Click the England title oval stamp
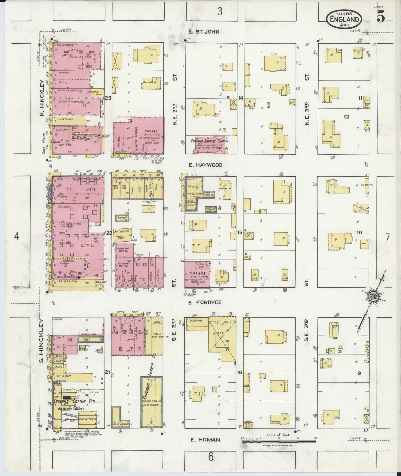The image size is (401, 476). tap(344, 19)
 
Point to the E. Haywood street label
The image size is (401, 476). tap(205, 165)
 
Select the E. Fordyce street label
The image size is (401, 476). tap(205, 302)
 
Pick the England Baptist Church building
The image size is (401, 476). tap(210, 144)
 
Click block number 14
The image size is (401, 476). tap(240, 98)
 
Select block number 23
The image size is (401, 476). tap(108, 98)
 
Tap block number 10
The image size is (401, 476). tap(359, 233)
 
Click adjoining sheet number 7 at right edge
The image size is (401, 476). tap(387, 237)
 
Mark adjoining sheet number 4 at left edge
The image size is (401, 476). tap(17, 236)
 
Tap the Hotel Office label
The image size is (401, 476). tap(63, 130)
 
